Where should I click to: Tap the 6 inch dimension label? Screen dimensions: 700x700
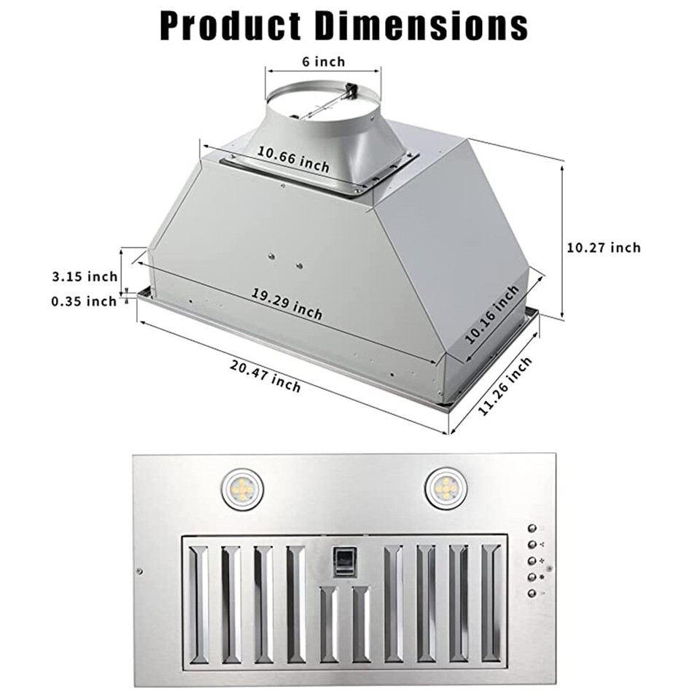323,62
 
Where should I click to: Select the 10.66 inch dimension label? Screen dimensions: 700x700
292,158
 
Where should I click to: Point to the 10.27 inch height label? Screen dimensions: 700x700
604,248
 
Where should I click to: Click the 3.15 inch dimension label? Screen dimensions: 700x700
85,276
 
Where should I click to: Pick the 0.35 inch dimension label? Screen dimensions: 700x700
85,300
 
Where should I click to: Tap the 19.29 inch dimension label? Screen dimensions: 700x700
287,303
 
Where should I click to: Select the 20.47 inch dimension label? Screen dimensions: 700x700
265,376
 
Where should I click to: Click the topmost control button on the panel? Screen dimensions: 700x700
532,529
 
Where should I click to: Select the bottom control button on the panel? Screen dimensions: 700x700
532,594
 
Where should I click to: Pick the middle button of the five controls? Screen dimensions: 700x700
532,561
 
